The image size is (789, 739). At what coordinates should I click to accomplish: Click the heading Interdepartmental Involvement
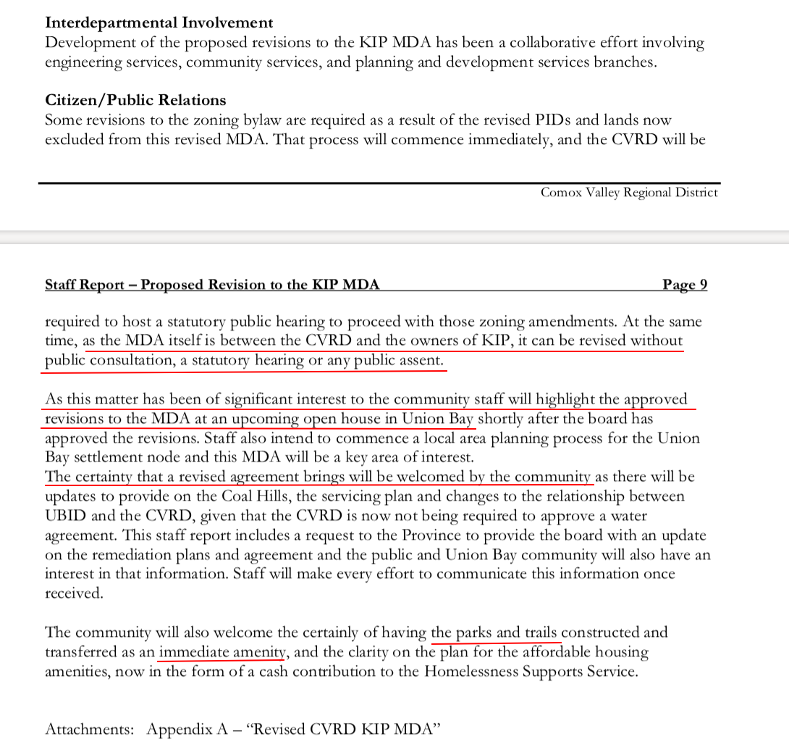pos(159,23)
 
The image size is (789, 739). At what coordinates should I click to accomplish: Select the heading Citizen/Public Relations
pos(135,100)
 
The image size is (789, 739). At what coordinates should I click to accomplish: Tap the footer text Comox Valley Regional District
pos(629,193)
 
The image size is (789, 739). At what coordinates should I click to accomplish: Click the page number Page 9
pos(684,285)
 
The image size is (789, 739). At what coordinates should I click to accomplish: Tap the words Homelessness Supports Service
pos(530,672)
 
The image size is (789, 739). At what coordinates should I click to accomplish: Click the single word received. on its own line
pos(74,593)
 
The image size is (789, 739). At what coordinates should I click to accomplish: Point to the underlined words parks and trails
pos(497,632)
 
